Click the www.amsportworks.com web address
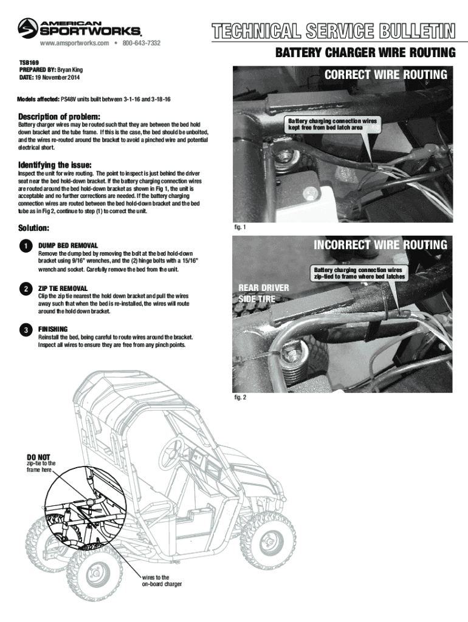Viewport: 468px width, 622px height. (x=74, y=44)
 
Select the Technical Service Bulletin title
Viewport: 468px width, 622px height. (x=333, y=30)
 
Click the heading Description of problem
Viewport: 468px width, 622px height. (x=59, y=116)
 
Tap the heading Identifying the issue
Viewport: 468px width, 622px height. (x=55, y=165)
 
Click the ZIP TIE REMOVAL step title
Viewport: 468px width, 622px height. (x=63, y=287)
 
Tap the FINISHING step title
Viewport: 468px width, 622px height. (x=53, y=329)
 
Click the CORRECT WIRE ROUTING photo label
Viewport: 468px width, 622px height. (x=385, y=75)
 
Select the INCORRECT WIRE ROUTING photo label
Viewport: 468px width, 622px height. (x=380, y=245)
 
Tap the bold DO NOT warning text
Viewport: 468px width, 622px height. (x=38, y=456)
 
